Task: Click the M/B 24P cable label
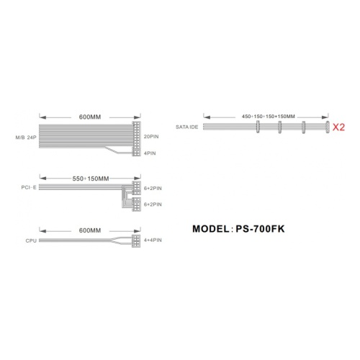26,138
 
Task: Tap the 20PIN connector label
151,137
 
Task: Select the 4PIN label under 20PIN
150,153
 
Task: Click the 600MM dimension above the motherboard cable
90,117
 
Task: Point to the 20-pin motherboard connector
136,135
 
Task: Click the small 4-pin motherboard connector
136,153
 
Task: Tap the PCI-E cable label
29,187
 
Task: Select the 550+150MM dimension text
91,179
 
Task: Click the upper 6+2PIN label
153,189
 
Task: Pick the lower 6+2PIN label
153,204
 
